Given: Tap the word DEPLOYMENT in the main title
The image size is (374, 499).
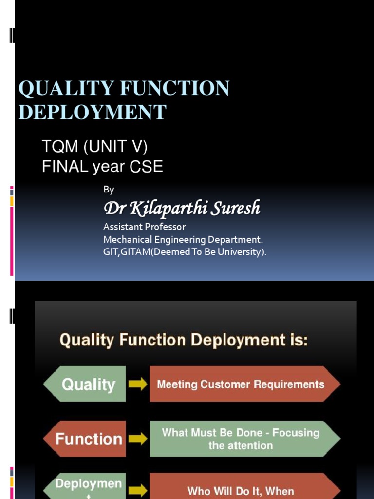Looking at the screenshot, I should (92, 112).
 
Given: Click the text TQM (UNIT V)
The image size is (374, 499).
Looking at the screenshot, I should (94, 146).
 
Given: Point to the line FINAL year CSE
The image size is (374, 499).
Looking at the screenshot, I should (102, 167).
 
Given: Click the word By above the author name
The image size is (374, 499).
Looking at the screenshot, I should (109, 190).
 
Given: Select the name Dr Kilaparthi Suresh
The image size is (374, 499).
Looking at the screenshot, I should (182, 209).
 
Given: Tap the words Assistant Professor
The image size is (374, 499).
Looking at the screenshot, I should (144, 227).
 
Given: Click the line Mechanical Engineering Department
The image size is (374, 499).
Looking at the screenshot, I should (183, 239).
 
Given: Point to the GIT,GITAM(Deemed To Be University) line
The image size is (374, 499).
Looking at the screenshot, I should (185, 252).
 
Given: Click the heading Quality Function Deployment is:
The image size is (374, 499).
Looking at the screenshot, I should (184, 340).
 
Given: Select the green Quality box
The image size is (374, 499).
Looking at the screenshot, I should (86, 384).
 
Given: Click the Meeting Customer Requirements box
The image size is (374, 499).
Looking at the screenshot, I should (243, 384).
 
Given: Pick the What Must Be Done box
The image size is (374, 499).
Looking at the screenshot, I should (243, 439).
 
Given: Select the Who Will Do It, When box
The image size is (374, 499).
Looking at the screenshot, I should (243, 490).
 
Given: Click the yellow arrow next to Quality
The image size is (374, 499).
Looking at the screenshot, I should (137, 384).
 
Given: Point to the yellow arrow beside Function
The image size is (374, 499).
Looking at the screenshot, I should (137, 439).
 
